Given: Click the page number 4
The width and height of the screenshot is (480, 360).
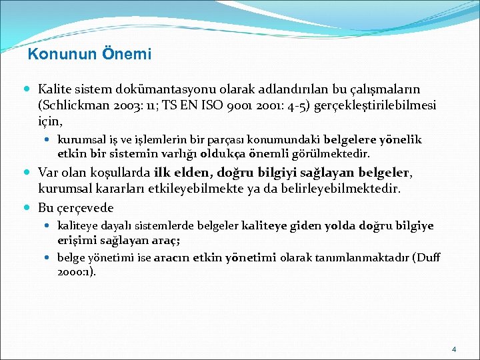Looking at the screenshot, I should click(454, 349).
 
